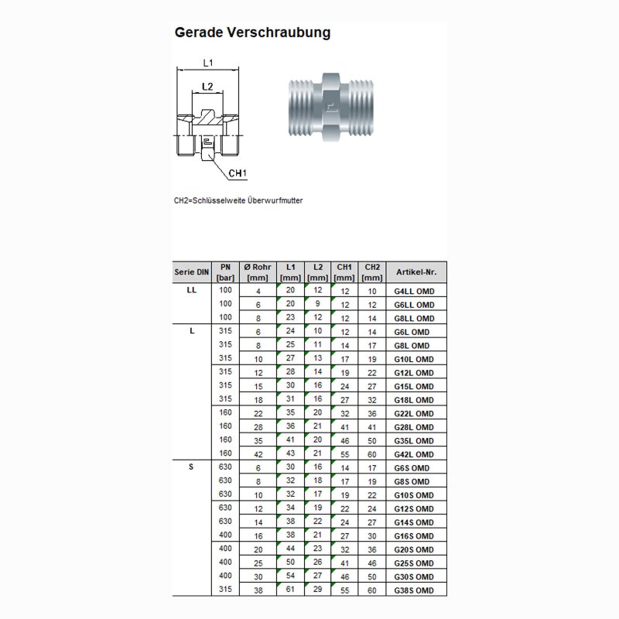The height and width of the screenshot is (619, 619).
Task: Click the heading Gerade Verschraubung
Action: tap(252, 32)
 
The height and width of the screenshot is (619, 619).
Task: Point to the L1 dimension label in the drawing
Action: tap(208, 63)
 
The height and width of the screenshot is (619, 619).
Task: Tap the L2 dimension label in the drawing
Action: tap(207, 86)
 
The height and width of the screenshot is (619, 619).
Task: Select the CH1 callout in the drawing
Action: tap(238, 173)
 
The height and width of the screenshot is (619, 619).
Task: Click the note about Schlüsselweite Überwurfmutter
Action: tap(238, 200)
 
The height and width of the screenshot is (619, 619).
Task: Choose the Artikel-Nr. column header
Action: tap(416, 272)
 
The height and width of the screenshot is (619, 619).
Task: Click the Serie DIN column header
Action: tap(192, 272)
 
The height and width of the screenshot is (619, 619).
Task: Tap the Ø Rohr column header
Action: tap(256, 272)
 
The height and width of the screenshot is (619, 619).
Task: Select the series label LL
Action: tap(192, 291)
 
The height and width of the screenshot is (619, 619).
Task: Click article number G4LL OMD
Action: tap(416, 292)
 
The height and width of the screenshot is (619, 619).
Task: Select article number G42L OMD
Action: tap(416, 455)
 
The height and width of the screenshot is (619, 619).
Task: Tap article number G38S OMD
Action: tap(416, 591)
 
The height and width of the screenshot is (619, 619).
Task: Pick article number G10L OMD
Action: tap(416, 360)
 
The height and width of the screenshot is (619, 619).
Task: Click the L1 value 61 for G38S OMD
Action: tap(290, 590)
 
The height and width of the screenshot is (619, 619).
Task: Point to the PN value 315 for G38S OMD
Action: tap(225, 590)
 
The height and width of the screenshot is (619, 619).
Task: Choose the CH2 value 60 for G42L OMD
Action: tap(372, 455)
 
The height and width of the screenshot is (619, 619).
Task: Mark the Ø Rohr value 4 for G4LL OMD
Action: tap(258, 292)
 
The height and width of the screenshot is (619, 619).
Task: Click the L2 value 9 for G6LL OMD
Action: tap(317, 305)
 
